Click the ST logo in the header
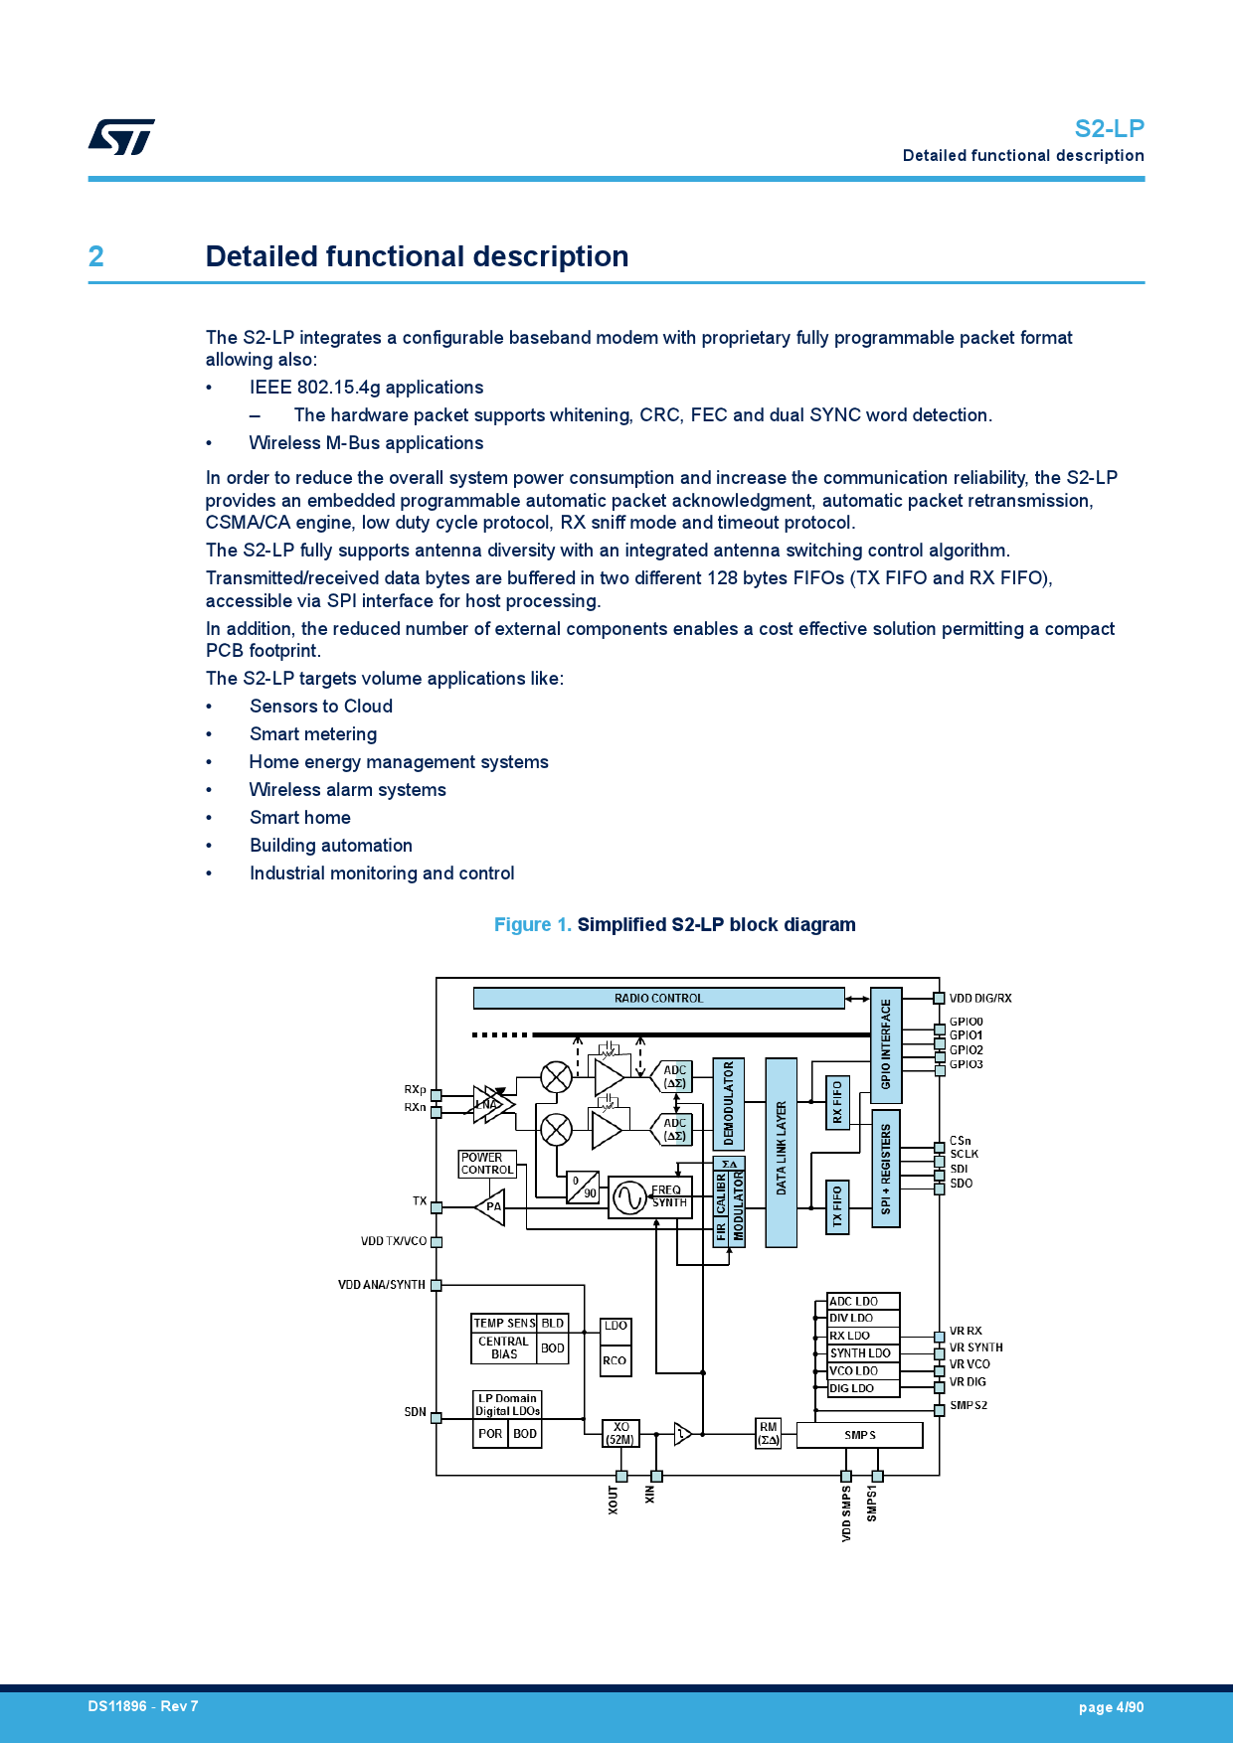[x=121, y=137]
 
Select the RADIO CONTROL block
[x=658, y=998]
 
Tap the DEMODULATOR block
[x=728, y=1103]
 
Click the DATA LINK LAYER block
[x=781, y=1152]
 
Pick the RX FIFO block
[x=837, y=1102]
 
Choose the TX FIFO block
[x=837, y=1206]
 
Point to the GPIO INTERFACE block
[x=886, y=1044]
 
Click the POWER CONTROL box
[x=487, y=1164]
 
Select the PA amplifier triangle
[x=491, y=1207]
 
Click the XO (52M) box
[x=620, y=1433]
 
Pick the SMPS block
[x=859, y=1435]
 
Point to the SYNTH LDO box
[x=862, y=1353]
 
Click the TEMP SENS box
[x=504, y=1323]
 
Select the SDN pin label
[x=415, y=1412]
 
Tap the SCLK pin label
[x=964, y=1154]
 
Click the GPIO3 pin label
[x=966, y=1064]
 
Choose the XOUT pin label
[x=614, y=1500]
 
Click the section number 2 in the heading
[x=96, y=256]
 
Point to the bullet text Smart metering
[x=313, y=734]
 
